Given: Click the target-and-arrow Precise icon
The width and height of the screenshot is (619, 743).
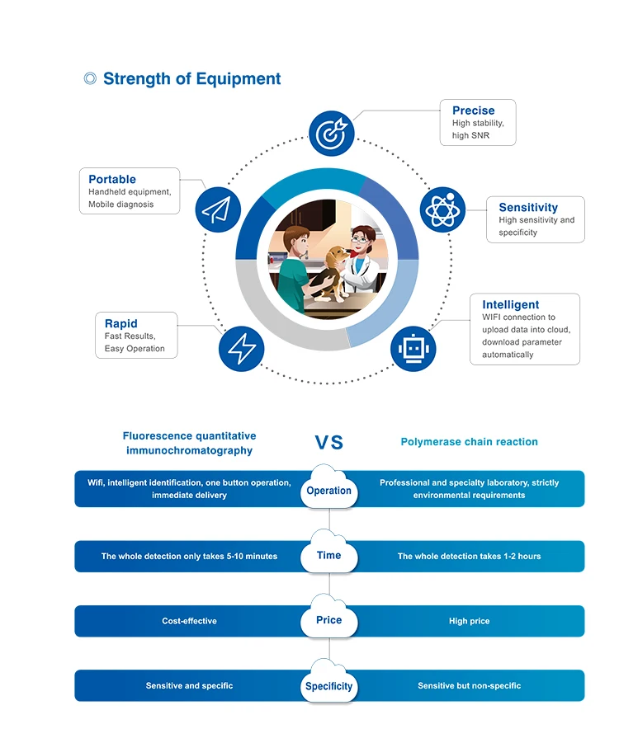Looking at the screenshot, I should pyautogui.click(x=332, y=132).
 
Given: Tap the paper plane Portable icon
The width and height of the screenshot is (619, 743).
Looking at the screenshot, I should pyautogui.click(x=218, y=209).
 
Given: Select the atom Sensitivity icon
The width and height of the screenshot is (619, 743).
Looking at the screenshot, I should pyautogui.click(x=443, y=209).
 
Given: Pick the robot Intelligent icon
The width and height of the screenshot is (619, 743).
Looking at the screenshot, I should pyautogui.click(x=413, y=349).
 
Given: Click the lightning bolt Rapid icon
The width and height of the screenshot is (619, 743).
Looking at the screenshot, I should pyautogui.click(x=241, y=349).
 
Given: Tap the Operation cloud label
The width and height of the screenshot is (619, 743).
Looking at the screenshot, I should pyautogui.click(x=328, y=491).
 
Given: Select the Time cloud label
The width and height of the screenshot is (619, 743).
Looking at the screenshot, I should pyautogui.click(x=328, y=556).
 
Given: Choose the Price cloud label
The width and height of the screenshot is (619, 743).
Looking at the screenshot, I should pyautogui.click(x=328, y=620).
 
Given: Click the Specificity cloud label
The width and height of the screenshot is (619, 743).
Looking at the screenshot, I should pyautogui.click(x=328, y=686).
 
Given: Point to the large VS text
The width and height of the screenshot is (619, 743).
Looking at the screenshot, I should pyautogui.click(x=328, y=443).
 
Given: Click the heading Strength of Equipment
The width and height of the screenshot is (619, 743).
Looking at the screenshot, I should pyautogui.click(x=191, y=79).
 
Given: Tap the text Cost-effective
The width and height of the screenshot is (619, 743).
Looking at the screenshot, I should pyautogui.click(x=189, y=621).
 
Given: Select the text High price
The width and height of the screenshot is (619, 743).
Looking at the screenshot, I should pyautogui.click(x=469, y=621).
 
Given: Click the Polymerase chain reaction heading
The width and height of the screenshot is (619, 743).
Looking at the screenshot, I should pyautogui.click(x=469, y=442).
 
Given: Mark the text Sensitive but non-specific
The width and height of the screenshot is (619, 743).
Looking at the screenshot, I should pyautogui.click(x=469, y=686).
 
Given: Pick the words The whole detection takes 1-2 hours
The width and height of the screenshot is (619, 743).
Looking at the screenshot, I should pyautogui.click(x=469, y=557).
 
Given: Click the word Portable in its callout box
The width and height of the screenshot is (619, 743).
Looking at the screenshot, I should pyautogui.click(x=112, y=179).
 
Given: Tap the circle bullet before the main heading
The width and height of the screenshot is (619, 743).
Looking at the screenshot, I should pyautogui.click(x=90, y=79).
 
